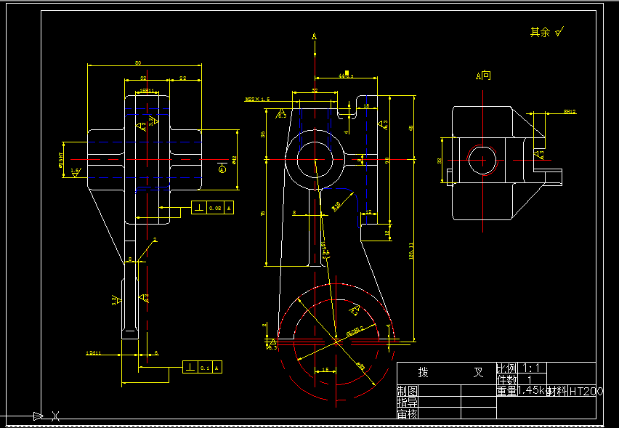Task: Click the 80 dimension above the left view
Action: click(138, 63)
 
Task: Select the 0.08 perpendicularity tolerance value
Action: click(215, 209)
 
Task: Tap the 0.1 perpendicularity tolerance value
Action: click(205, 368)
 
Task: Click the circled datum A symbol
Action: click(222, 169)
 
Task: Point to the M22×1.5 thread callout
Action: click(257, 99)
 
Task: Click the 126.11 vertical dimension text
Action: click(412, 251)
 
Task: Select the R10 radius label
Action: click(336, 206)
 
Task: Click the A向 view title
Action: click(483, 76)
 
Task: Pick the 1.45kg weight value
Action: click(533, 391)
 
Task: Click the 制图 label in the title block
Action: click(407, 391)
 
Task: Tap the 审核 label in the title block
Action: click(407, 413)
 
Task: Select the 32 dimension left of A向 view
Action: click(440, 161)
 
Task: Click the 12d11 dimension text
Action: click(93, 353)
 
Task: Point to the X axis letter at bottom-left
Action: click(55, 416)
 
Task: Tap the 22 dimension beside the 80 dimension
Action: click(182, 78)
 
